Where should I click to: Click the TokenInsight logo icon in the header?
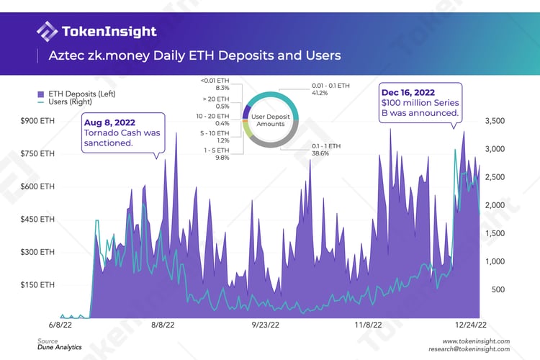point(48,31)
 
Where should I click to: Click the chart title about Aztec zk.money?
point(194,55)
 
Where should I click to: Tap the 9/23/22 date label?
point(266,325)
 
